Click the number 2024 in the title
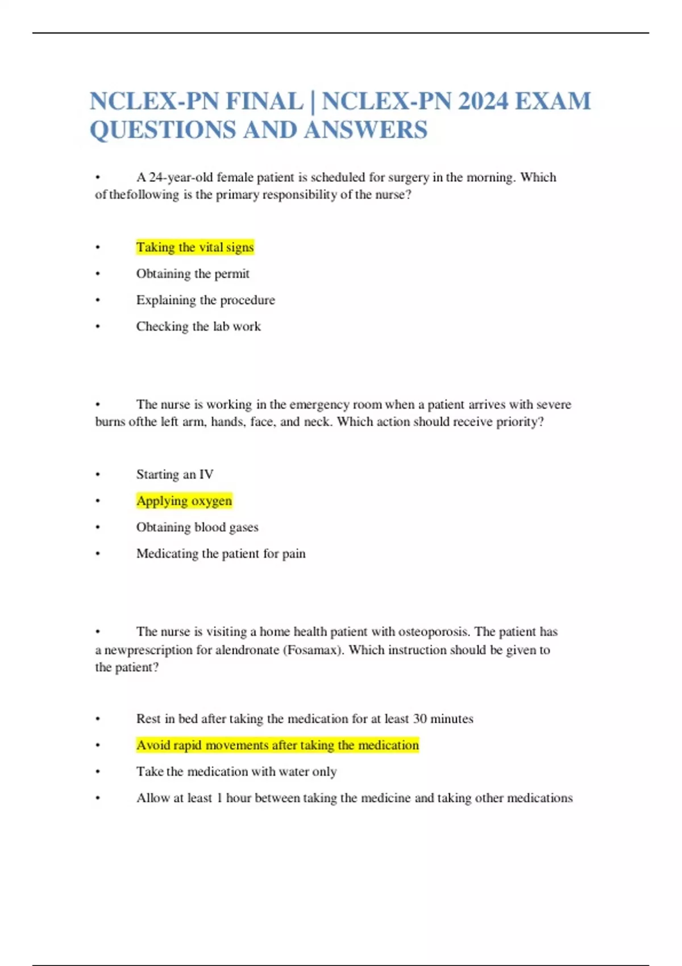click(483, 102)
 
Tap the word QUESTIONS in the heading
click(162, 130)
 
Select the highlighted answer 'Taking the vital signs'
click(195, 247)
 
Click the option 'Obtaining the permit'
click(193, 274)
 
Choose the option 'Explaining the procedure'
click(205, 300)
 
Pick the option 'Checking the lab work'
click(198, 327)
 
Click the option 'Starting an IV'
click(174, 474)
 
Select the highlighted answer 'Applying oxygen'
click(184, 501)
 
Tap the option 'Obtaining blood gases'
click(197, 527)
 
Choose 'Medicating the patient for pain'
click(221, 553)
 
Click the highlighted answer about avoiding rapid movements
click(277, 745)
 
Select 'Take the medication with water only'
click(236, 772)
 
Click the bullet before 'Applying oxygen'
click(98, 501)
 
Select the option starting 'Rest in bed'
click(305, 719)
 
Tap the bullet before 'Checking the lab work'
click(98, 327)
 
